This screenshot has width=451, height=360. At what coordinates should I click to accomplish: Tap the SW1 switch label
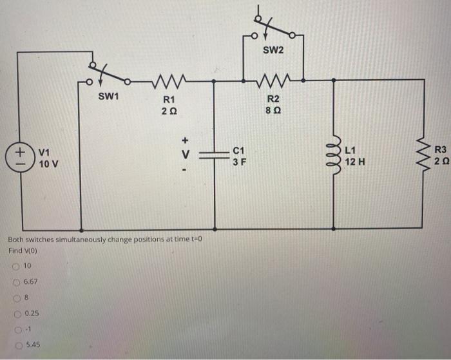click(109, 97)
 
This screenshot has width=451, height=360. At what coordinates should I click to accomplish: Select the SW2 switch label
click(273, 50)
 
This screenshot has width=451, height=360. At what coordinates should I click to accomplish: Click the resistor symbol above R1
click(169, 81)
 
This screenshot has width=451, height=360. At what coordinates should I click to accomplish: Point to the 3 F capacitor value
click(239, 162)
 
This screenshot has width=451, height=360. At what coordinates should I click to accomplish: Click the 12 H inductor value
click(355, 162)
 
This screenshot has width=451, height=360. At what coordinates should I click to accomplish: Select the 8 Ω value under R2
click(273, 110)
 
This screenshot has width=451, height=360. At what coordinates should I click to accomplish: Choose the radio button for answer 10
click(14, 266)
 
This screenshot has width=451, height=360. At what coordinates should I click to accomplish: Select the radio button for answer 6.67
click(14, 281)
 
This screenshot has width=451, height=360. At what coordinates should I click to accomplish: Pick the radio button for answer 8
click(14, 298)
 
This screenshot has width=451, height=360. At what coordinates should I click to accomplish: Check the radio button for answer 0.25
click(14, 313)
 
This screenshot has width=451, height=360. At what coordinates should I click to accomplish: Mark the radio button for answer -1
click(14, 329)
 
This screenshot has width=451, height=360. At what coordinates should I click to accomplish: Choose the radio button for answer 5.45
click(14, 345)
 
